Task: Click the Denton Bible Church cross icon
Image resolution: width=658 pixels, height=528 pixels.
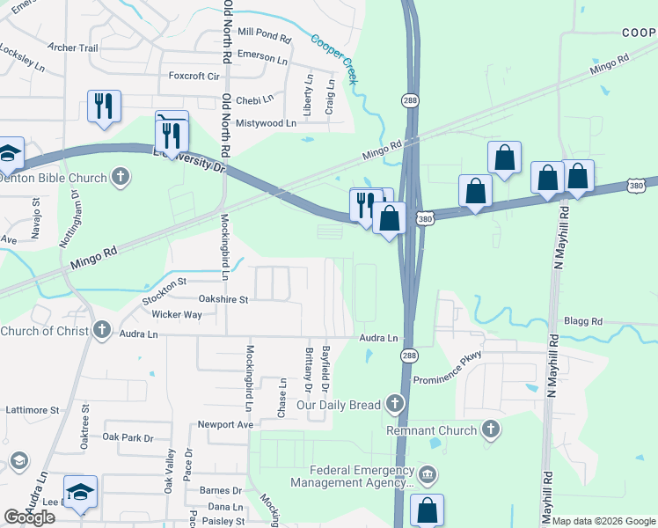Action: click(121, 178)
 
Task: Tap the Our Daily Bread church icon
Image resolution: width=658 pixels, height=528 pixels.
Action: click(395, 405)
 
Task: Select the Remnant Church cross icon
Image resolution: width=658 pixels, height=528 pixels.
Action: click(491, 430)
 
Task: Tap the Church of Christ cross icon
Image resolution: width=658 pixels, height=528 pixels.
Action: click(102, 331)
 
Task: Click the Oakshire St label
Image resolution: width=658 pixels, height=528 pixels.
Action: click(223, 299)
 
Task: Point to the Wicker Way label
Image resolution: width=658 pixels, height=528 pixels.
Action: click(177, 314)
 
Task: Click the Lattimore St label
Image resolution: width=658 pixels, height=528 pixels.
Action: click(31, 410)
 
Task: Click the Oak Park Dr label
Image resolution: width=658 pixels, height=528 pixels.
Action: click(128, 437)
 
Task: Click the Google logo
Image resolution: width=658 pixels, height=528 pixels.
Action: click(29, 517)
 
